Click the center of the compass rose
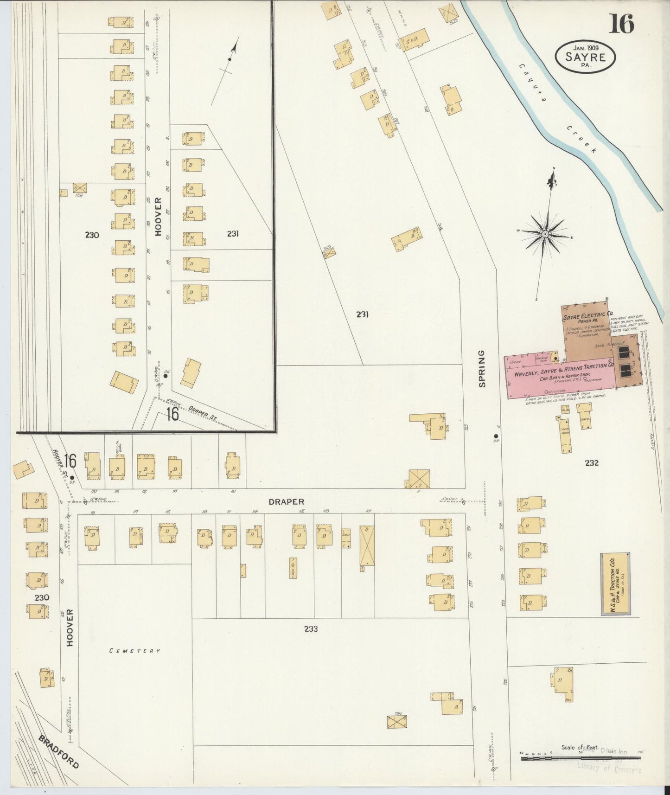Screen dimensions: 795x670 point(545,234)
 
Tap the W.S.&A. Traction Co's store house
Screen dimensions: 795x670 point(615,584)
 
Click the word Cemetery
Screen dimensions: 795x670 point(135,651)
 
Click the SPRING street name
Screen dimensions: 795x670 point(482,369)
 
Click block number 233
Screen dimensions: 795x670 point(311,629)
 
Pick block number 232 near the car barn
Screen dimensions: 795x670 point(592,462)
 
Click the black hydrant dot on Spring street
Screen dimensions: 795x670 point(496,436)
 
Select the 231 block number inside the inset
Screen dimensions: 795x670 point(233,234)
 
